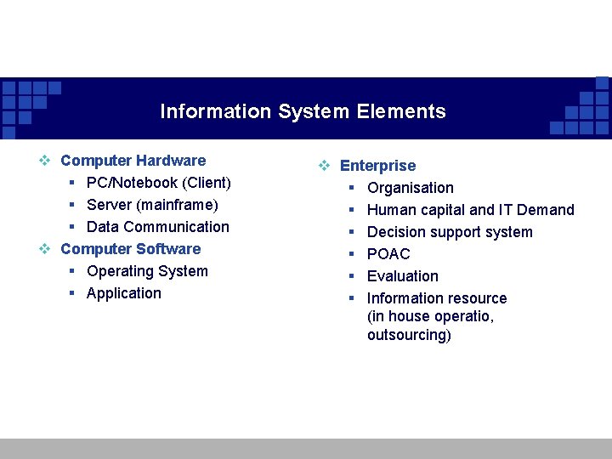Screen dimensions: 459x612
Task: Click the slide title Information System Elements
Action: tap(303, 111)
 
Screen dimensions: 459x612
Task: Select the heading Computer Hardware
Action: tap(133, 161)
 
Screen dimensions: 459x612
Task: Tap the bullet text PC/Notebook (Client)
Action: tap(158, 183)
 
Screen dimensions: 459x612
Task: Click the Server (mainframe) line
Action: tap(152, 205)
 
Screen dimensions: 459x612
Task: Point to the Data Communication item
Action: tap(157, 227)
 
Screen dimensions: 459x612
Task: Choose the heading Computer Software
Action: tap(130, 249)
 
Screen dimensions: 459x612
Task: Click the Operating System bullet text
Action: tap(147, 271)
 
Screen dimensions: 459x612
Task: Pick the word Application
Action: tap(123, 293)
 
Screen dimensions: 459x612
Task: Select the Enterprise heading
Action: tap(377, 166)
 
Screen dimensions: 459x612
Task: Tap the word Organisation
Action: tap(410, 188)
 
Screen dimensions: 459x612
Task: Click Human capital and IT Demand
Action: tap(470, 210)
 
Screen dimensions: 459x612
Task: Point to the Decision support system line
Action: tap(450, 232)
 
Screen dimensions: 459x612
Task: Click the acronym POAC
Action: tap(388, 254)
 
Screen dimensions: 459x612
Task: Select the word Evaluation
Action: tap(402, 276)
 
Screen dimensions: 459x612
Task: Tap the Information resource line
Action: tap(436, 298)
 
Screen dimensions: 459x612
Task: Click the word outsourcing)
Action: tap(409, 335)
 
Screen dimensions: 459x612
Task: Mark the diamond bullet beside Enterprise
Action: tap(324, 167)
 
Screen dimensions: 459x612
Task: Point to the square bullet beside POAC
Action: tap(350, 254)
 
